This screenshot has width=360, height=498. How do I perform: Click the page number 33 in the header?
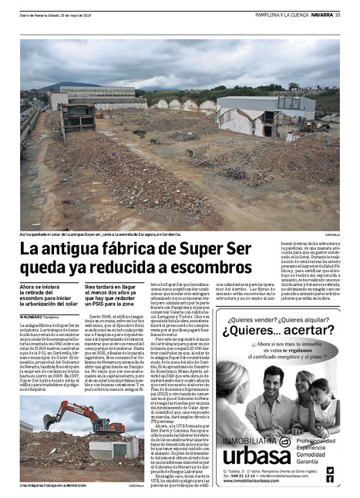point(338,12)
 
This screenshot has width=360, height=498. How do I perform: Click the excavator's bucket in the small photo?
point(55,423)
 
